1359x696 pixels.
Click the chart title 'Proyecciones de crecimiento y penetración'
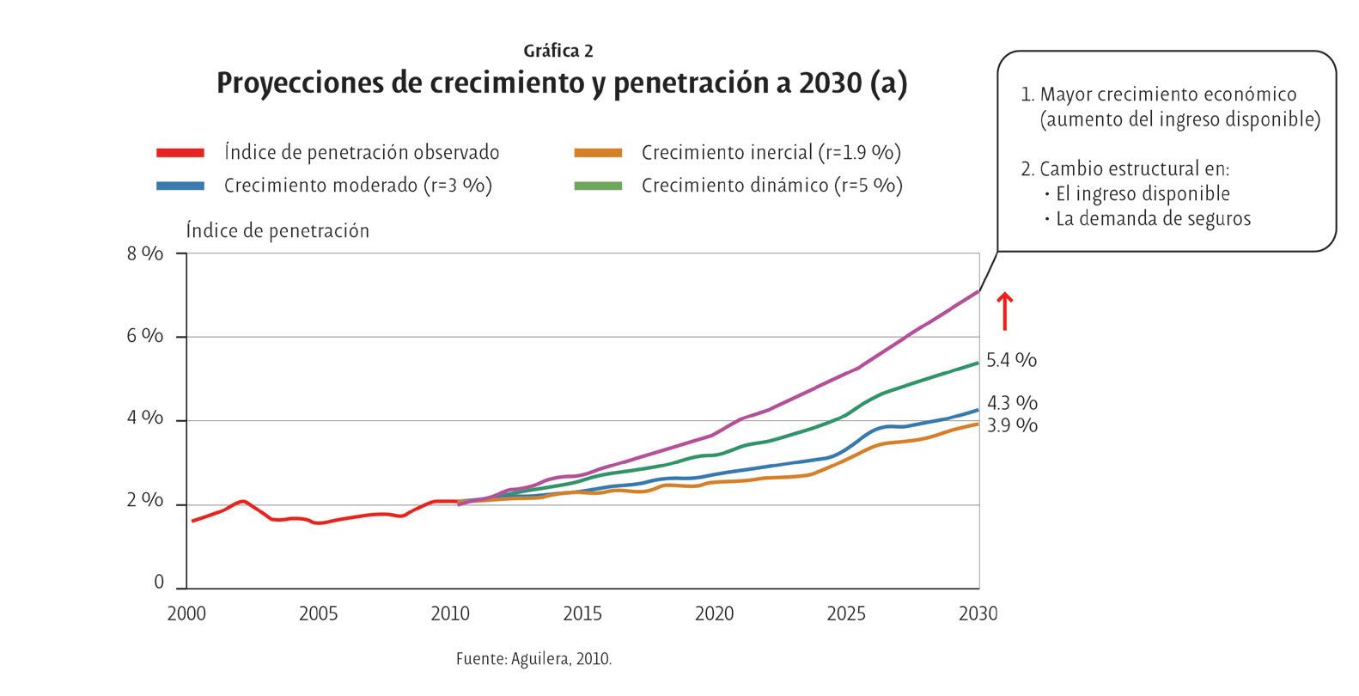[561, 84]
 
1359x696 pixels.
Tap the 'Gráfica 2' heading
[558, 52]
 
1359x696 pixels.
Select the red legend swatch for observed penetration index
[180, 153]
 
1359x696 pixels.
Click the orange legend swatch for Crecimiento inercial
[598, 153]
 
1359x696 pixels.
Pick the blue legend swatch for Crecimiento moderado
[180, 186]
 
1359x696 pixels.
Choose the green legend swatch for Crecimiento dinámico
[598, 186]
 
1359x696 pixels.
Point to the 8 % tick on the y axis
[145, 253]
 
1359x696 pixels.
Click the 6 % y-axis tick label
[145, 336]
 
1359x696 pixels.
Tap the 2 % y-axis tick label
[145, 501]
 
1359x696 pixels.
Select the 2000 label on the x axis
[186, 614]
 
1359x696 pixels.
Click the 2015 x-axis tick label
[582, 614]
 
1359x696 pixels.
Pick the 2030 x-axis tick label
[978, 614]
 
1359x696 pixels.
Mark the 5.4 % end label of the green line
[1011, 361]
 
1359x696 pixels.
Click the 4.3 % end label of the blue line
[1012, 403]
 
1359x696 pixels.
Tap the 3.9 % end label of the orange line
[1012, 426]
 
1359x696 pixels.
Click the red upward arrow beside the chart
[1004, 311]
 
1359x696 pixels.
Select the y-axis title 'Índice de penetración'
[277, 231]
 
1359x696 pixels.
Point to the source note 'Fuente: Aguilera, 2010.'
[533, 660]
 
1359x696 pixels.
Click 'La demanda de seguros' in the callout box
[1153, 219]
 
